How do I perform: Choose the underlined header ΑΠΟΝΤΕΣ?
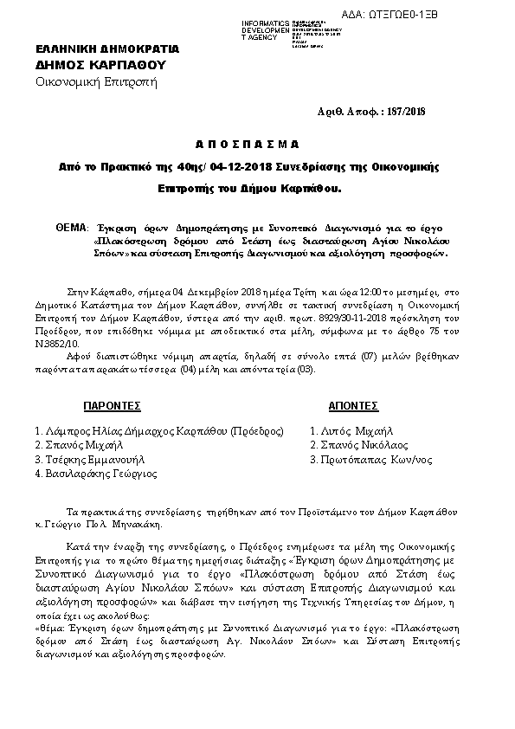(351, 405)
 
